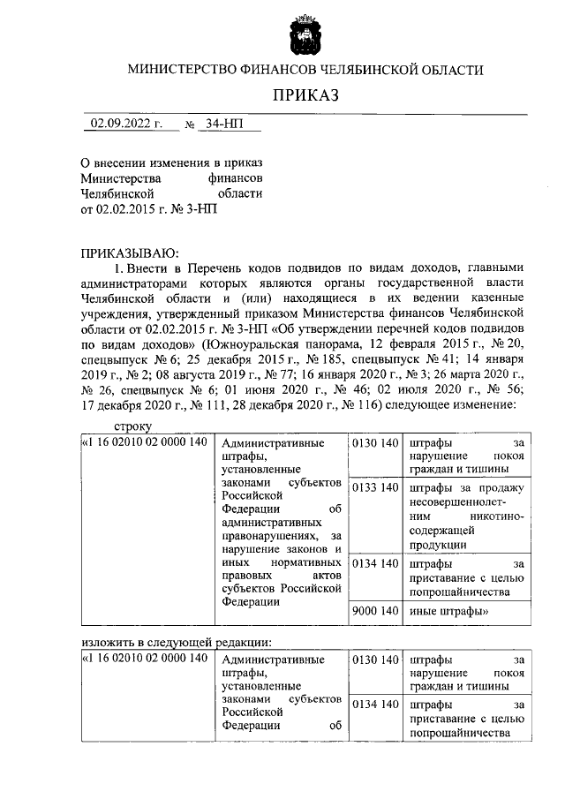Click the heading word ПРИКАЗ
tap(305, 95)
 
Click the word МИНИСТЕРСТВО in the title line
tap(183, 69)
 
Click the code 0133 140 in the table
tap(374, 488)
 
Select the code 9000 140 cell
tap(374, 610)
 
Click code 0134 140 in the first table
tap(374, 562)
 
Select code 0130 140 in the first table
tap(374, 442)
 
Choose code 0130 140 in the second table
tap(374, 660)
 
